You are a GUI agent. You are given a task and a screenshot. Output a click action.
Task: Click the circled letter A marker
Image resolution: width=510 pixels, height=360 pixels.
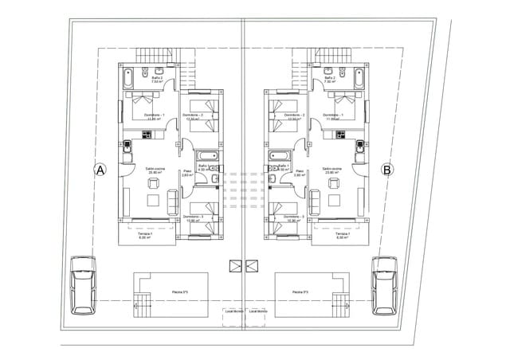click(x=100, y=169)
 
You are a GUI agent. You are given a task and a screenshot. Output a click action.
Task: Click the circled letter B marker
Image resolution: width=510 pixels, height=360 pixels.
click(x=386, y=169)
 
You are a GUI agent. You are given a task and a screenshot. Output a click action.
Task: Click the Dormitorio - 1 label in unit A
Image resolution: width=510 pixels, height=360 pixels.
click(x=153, y=116)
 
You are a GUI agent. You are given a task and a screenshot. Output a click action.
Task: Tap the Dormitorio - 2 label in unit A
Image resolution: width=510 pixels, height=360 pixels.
click(x=193, y=116)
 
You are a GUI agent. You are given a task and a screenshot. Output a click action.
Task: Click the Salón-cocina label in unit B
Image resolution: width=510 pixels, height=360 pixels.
click(x=332, y=169)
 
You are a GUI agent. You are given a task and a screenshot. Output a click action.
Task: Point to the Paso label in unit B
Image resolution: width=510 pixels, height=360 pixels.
click(x=300, y=170)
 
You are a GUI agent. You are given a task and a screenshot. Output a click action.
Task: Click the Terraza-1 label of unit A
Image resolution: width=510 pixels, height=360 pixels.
click(x=143, y=234)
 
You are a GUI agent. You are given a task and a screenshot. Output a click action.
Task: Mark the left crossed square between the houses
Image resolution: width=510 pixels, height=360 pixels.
click(x=235, y=267)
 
